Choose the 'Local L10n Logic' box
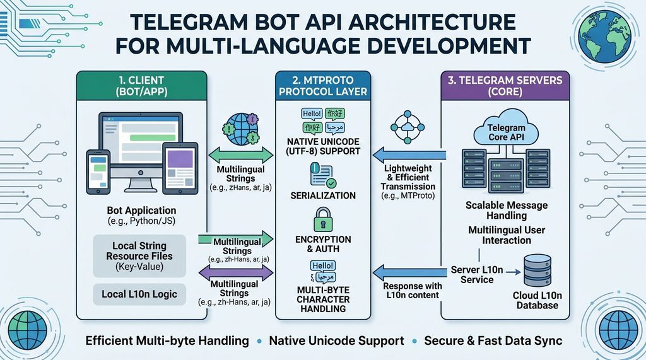139,294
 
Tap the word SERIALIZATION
322,196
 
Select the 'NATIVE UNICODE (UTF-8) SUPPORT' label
322,146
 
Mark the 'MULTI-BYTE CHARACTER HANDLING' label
322,299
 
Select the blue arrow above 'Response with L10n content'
410,272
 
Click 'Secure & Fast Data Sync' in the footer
493,340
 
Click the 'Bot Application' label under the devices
141,210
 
